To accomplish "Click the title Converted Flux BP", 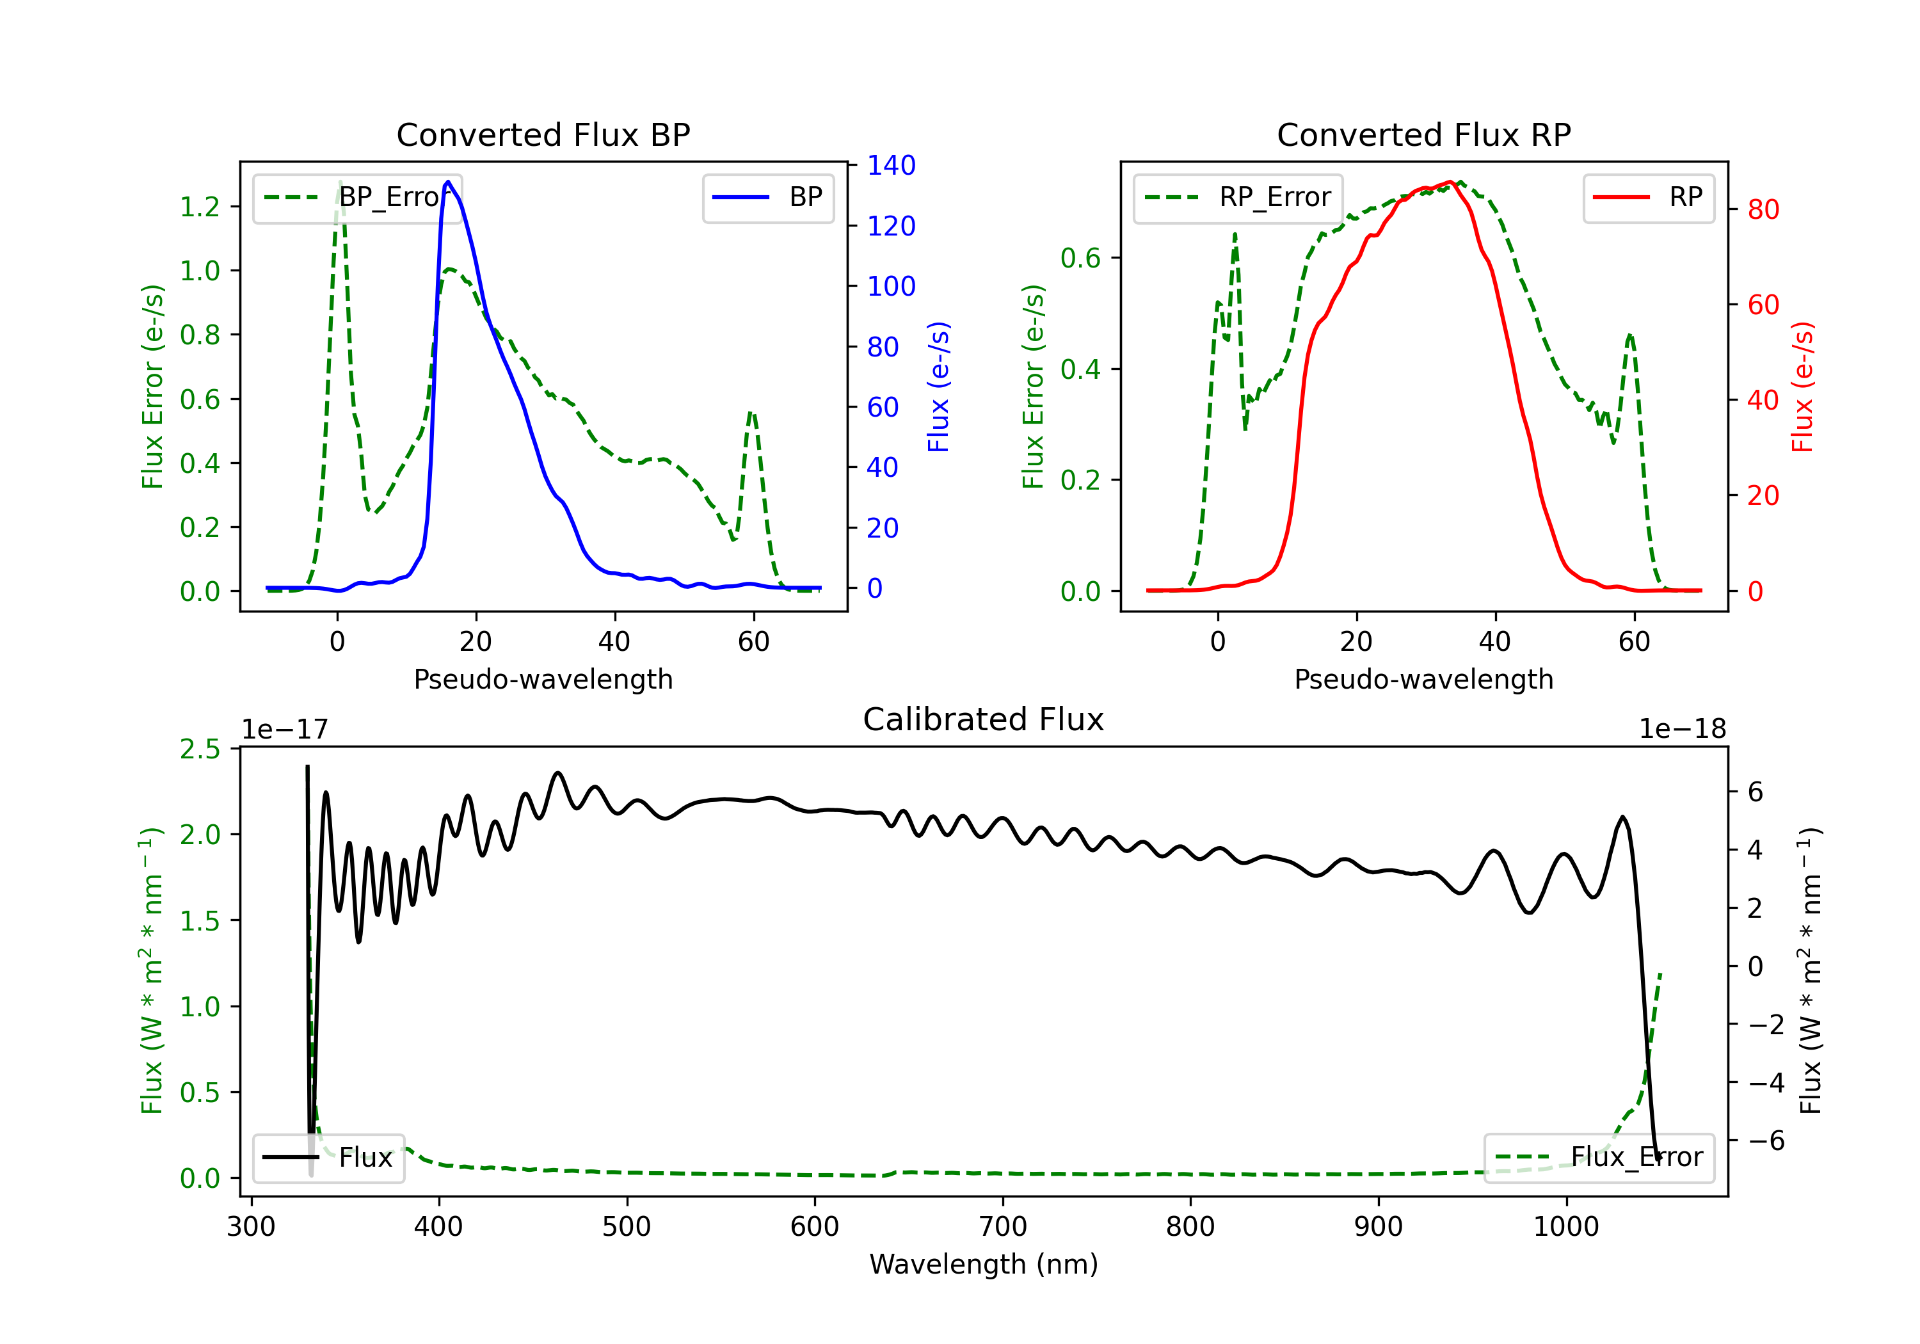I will (543, 134).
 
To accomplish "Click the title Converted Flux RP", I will (1423, 134).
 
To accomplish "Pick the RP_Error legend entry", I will (1238, 197).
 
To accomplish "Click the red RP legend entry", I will (1648, 197).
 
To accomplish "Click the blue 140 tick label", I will (892, 166).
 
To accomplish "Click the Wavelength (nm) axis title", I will (984, 1264).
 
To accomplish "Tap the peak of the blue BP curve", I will (448, 182).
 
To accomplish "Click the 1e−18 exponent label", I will (1683, 730).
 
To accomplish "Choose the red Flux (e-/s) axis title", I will (1802, 387).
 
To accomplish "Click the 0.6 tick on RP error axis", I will (1080, 259).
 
